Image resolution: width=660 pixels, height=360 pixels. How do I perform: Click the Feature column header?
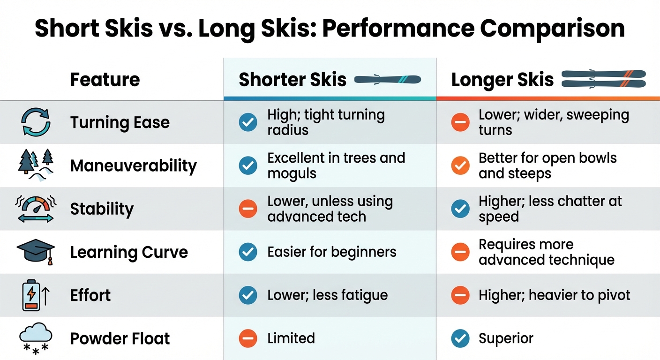pyautogui.click(x=105, y=80)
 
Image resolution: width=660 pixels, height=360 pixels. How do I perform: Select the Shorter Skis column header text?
pyautogui.click(x=292, y=80)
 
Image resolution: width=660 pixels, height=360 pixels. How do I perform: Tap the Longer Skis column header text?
pyautogui.click(x=502, y=80)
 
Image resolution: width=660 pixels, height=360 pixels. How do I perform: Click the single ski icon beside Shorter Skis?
pyautogui.click(x=388, y=80)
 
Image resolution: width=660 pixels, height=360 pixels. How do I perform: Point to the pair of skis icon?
pyautogui.click(x=604, y=79)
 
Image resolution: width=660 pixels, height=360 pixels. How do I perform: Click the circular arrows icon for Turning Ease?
pyautogui.click(x=36, y=122)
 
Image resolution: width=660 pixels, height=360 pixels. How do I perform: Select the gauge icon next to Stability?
pyautogui.click(x=36, y=209)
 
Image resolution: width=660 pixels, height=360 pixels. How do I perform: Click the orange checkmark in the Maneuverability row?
pyautogui.click(x=460, y=165)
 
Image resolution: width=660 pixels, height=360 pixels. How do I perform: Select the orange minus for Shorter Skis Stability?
pyautogui.click(x=248, y=209)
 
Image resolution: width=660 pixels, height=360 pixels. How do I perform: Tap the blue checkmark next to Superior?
pyautogui.click(x=460, y=338)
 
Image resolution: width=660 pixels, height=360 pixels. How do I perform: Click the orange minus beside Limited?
pyautogui.click(x=248, y=338)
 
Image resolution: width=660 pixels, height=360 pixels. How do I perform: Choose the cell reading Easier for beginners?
pyautogui.click(x=332, y=252)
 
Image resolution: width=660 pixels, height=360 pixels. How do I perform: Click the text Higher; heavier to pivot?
pyautogui.click(x=555, y=295)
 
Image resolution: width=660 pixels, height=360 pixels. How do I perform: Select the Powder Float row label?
pyautogui.click(x=120, y=338)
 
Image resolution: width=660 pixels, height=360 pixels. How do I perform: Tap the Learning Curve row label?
pyautogui.click(x=129, y=252)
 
